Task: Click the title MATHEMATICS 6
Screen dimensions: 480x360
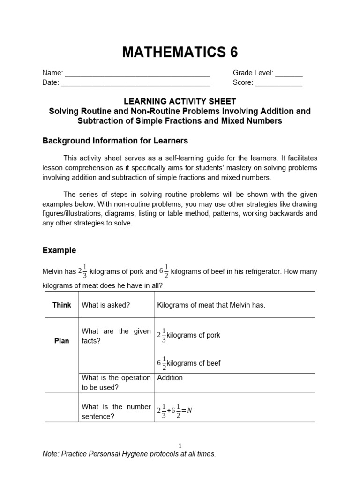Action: [x=180, y=52]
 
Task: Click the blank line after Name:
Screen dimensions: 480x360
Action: [x=137, y=74]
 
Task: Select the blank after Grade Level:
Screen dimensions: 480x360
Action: [x=289, y=74]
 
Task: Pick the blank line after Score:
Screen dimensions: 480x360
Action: [x=278, y=84]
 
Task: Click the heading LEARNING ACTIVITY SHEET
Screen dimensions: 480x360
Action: [x=180, y=101]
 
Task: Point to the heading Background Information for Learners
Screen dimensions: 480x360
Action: [x=115, y=141]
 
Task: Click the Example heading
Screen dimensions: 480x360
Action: [x=59, y=250]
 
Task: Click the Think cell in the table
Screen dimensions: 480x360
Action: [x=62, y=305]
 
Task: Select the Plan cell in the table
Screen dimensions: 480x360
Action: [x=62, y=341]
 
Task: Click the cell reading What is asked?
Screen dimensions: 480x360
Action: [x=105, y=305]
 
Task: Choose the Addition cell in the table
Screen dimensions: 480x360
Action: [x=170, y=378]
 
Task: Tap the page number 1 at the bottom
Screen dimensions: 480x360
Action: [x=180, y=446]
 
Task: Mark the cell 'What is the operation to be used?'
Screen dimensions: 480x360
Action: [x=116, y=382]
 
